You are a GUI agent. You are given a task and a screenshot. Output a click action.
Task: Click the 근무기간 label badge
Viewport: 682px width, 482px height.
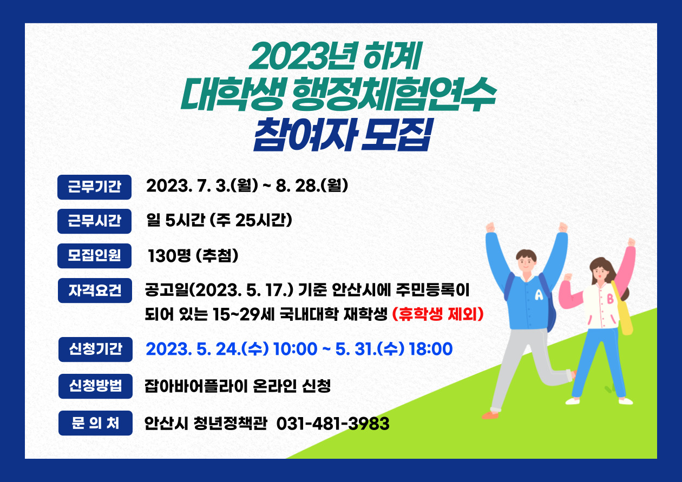[x=94, y=187]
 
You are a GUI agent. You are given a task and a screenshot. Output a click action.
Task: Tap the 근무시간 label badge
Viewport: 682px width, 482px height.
[x=94, y=221]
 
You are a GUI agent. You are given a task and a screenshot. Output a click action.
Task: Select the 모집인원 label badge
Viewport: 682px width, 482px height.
[x=94, y=255]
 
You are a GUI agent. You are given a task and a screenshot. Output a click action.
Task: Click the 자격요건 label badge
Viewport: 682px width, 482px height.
[x=94, y=290]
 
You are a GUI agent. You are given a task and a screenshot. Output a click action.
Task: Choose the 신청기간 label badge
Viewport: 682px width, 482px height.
[x=95, y=349]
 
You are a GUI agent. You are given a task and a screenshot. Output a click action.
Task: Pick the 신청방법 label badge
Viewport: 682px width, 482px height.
[x=95, y=386]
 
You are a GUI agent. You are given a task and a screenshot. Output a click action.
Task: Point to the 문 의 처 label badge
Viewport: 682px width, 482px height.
[x=95, y=423]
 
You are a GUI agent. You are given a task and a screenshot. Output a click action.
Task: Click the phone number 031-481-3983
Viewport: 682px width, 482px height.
[x=333, y=424]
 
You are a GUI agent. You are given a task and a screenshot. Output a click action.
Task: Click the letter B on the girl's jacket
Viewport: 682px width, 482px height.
[x=610, y=298]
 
